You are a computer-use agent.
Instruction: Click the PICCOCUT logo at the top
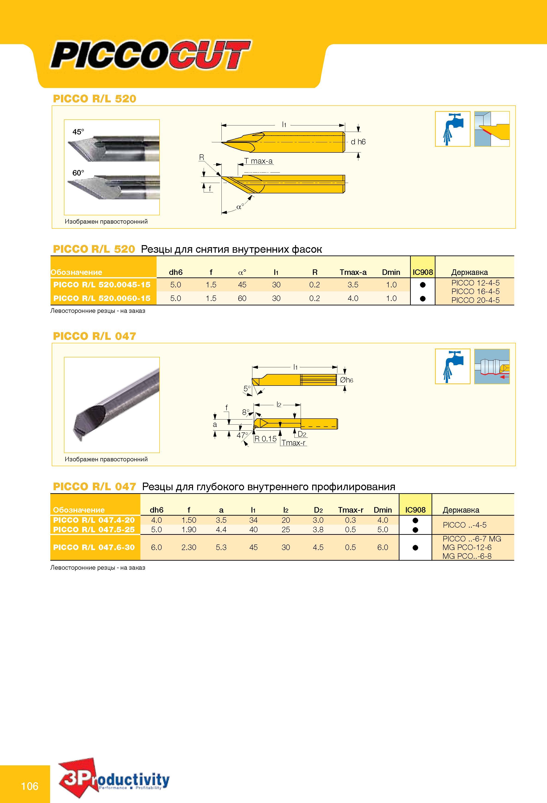(151, 55)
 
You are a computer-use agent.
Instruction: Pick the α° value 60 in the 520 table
(242, 298)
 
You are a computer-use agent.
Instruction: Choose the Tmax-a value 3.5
(353, 285)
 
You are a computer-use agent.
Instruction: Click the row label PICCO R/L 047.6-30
(94, 547)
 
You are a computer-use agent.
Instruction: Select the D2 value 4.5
(318, 547)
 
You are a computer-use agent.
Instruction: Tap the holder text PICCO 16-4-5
(475, 291)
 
